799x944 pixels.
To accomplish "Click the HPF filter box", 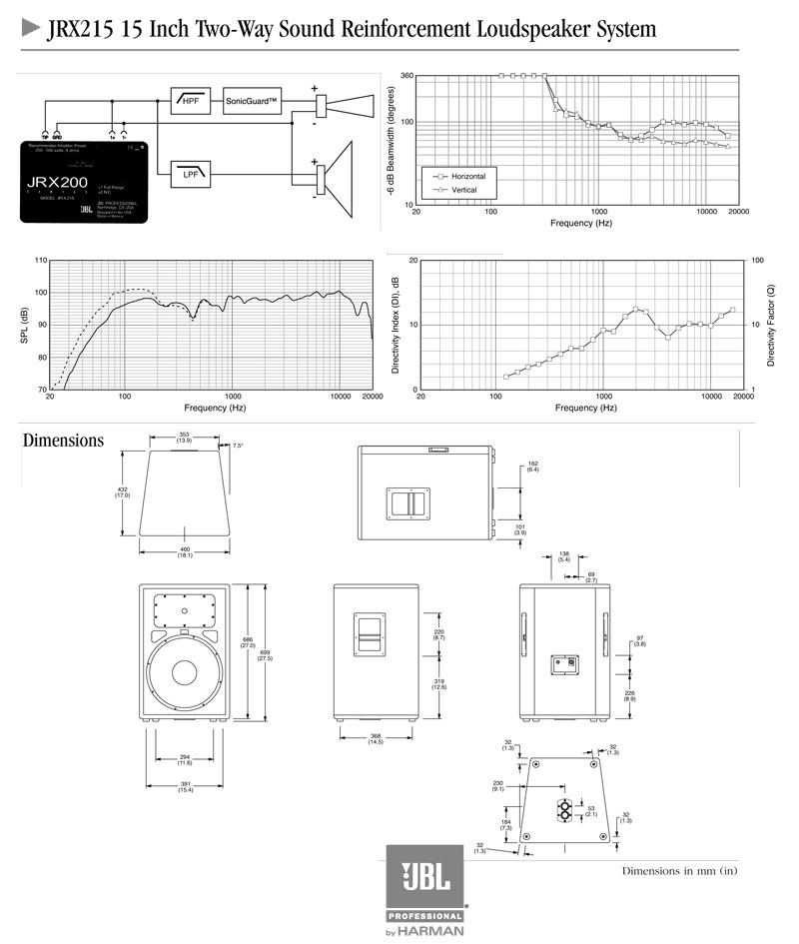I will [190, 101].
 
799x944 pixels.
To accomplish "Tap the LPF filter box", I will [190, 173].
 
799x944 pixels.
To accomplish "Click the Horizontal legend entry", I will [460, 175].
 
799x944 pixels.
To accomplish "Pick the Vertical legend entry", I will [456, 189].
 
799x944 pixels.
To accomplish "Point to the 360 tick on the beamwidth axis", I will [406, 75].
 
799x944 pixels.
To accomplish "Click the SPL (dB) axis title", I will [24, 326].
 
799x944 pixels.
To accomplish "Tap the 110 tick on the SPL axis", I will [40, 261].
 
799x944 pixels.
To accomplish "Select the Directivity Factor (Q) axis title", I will [771, 326].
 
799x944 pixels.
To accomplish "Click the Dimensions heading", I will [63, 441].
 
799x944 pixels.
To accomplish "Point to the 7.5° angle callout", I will [238, 446].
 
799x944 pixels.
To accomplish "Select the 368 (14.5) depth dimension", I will [376, 739].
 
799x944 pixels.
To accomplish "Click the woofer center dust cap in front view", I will [185, 672].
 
